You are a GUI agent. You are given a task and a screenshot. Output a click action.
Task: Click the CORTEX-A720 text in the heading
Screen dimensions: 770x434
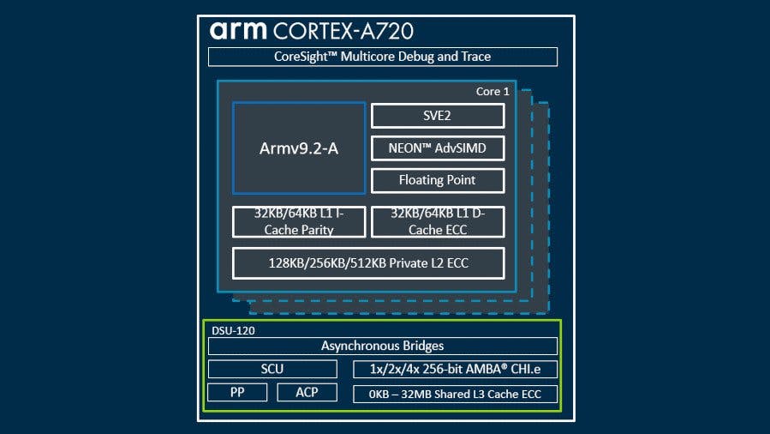343,31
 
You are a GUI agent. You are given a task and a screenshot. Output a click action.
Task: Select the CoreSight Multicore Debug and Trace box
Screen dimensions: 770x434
383,57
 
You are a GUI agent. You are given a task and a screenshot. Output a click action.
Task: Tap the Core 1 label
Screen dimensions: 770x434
492,91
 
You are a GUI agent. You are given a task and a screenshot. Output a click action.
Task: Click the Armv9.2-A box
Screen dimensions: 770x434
299,148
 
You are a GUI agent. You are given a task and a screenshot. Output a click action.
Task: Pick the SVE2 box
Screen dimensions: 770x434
437,116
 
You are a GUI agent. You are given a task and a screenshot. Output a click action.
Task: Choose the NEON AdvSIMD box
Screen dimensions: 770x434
437,148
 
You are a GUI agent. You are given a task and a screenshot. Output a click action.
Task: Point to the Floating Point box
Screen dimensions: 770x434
437,180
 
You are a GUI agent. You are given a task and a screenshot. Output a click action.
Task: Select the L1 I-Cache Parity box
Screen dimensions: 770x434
299,222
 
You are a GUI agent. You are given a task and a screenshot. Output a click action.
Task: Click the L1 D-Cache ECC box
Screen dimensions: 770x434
437,222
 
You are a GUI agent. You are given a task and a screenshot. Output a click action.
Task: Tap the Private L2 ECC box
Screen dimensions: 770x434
368,262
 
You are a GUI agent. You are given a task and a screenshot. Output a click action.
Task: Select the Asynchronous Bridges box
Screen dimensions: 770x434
383,347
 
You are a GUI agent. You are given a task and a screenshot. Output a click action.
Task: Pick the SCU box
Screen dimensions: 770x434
272,370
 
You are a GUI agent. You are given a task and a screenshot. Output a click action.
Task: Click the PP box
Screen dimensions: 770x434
237,393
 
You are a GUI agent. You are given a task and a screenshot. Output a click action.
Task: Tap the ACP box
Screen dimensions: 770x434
307,393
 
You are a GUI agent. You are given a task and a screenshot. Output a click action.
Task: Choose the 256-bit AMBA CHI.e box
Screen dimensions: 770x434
455,370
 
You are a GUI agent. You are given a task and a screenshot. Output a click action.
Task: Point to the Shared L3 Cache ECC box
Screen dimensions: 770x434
455,395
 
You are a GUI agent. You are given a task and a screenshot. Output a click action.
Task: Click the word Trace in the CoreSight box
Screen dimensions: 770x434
474,57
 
